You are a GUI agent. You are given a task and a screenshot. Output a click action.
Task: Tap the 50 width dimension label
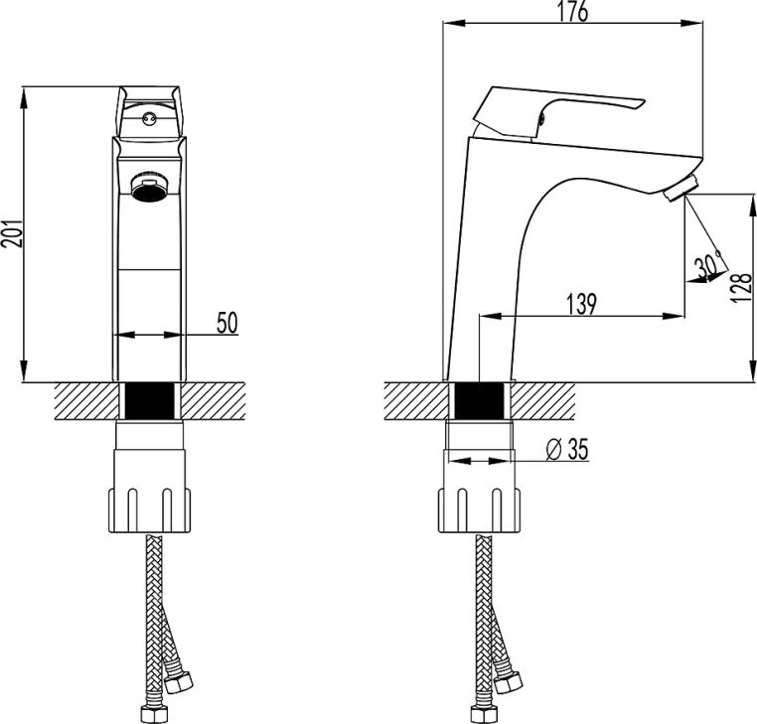pos(227,323)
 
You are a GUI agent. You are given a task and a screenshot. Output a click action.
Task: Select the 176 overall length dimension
pos(573,11)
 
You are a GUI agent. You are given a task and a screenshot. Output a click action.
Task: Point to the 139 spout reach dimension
pos(581,304)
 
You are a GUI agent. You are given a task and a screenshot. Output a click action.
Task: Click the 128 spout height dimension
pos(742,288)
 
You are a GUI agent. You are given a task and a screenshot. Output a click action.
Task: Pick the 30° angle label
pos(708,265)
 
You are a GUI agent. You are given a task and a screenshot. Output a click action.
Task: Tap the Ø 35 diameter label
pos(567,449)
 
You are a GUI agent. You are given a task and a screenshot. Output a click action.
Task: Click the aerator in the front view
pos(149,189)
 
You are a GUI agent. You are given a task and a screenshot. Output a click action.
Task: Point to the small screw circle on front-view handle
pos(149,117)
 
